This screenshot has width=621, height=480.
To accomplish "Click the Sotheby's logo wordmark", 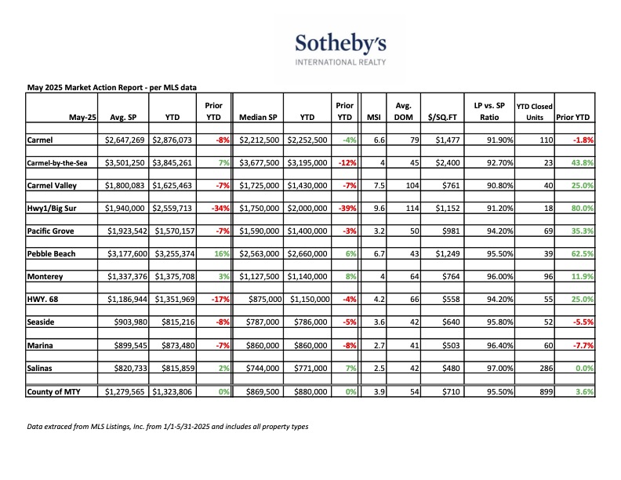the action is pyautogui.click(x=340, y=44).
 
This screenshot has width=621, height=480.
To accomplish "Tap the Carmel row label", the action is pyautogui.click(x=40, y=140).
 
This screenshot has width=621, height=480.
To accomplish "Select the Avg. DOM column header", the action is pyautogui.click(x=403, y=111).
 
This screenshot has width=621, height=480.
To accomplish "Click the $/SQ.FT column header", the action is pyautogui.click(x=442, y=117).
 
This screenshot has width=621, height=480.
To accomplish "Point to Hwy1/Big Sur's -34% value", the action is pyautogui.click(x=220, y=208).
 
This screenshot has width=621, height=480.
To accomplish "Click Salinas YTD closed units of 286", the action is pyautogui.click(x=547, y=368).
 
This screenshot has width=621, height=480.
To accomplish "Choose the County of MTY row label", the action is pyautogui.click(x=53, y=391).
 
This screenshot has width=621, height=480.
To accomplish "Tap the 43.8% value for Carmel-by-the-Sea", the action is pyautogui.click(x=582, y=162).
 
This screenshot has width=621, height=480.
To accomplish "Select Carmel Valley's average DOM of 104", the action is pyautogui.click(x=412, y=185).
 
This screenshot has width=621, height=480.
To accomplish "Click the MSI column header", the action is pyautogui.click(x=373, y=117).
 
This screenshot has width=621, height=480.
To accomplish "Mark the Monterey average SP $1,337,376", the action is pyautogui.click(x=127, y=276).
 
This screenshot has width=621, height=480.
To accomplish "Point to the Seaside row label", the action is pyautogui.click(x=41, y=322).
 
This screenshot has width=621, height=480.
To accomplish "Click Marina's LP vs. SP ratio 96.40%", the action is pyautogui.click(x=499, y=345).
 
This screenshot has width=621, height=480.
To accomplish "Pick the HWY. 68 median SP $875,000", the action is pyautogui.click(x=265, y=299).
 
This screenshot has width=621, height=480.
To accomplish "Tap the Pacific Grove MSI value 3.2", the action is pyautogui.click(x=379, y=231).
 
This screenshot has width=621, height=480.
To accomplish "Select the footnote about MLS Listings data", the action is pyautogui.click(x=168, y=427).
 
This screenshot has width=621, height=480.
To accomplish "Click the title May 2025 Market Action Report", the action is pyautogui.click(x=111, y=88).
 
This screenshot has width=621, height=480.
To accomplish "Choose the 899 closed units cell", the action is pyautogui.click(x=547, y=391).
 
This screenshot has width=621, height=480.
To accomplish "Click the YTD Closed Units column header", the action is pyautogui.click(x=534, y=111).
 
